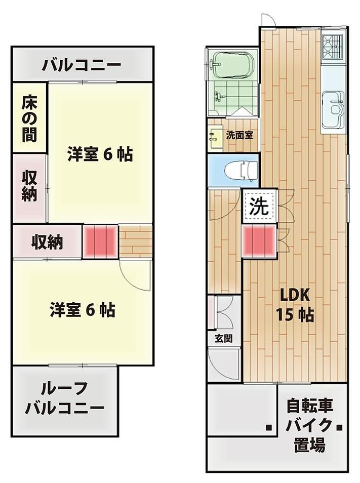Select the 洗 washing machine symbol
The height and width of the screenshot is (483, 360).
tap(259, 206)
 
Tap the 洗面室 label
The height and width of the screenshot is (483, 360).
tap(240, 135)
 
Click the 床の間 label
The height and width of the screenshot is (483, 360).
tap(29, 119)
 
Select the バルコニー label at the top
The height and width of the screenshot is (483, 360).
tap(82, 65)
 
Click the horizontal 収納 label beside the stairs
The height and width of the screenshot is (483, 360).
tap(48, 243)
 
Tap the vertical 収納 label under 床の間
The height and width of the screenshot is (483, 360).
tap(29, 186)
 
